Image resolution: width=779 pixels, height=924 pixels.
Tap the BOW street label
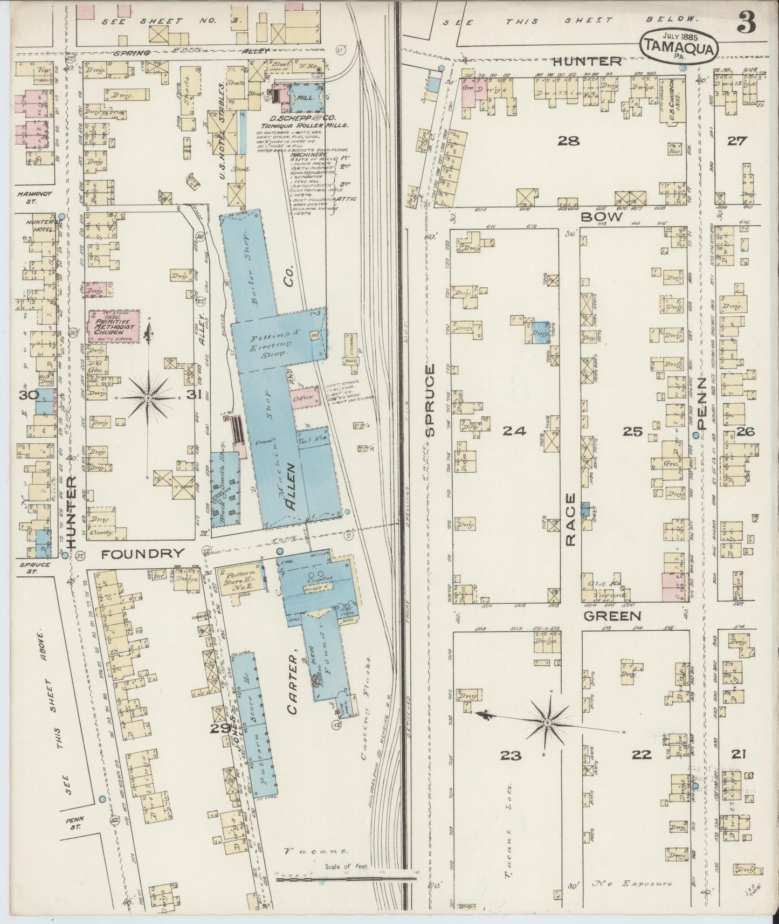click(x=609, y=217)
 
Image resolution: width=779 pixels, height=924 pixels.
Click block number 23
click(x=511, y=755)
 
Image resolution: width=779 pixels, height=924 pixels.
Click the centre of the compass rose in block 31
click(x=148, y=398)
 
